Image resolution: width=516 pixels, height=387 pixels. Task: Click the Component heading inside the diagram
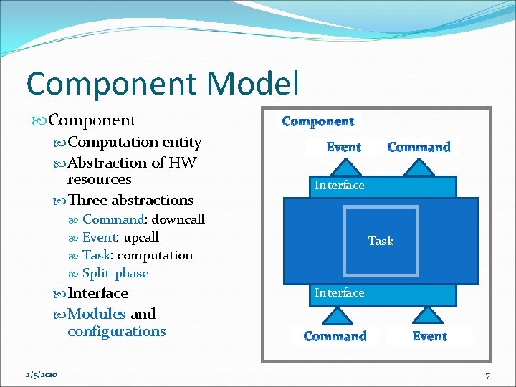point(317,122)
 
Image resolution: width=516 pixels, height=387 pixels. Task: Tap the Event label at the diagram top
point(343,147)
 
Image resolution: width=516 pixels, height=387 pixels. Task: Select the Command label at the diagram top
point(419,147)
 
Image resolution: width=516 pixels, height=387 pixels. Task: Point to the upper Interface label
point(340,186)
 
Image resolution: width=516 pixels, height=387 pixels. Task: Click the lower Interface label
point(340,293)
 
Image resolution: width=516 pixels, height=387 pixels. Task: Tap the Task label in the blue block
point(381,242)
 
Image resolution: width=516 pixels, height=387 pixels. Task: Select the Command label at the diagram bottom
point(335,336)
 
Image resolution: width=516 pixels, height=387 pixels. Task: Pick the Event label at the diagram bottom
point(430,336)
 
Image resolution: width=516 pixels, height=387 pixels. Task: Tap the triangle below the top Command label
point(419,168)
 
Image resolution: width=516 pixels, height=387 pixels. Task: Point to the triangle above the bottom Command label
point(335,315)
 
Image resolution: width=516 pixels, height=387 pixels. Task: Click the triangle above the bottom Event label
point(429,315)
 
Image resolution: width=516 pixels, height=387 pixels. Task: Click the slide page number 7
point(487,376)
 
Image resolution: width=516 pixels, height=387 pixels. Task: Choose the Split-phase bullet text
point(115,273)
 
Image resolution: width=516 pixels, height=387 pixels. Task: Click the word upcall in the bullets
point(141,237)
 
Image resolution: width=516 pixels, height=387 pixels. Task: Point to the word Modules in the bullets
point(97,314)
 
